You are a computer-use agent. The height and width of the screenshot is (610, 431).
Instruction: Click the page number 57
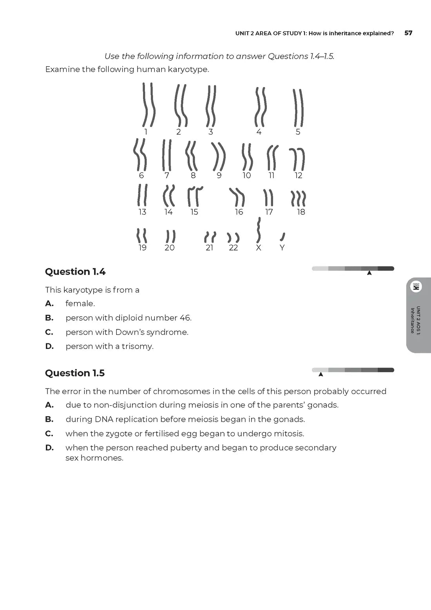(x=408, y=33)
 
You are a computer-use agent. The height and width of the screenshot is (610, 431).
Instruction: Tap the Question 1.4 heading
(x=75, y=272)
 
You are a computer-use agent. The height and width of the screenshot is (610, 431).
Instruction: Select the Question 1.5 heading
(x=75, y=373)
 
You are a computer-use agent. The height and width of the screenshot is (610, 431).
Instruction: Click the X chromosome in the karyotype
(x=258, y=230)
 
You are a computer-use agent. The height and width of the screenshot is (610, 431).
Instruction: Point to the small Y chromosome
(x=283, y=236)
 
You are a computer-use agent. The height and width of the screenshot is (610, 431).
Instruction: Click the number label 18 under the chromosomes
(x=301, y=212)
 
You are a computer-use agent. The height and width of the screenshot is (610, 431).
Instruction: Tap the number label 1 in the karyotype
(x=146, y=132)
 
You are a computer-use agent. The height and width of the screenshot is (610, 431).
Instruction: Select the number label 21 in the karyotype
(x=210, y=248)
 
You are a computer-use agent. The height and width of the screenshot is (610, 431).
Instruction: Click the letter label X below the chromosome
(x=258, y=248)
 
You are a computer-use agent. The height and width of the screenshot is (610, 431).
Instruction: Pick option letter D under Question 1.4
(x=49, y=346)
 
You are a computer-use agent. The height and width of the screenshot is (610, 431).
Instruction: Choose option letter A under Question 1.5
(x=49, y=405)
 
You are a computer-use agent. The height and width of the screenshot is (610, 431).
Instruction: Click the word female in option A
(x=80, y=303)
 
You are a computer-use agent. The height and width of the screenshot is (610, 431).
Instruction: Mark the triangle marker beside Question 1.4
(x=369, y=273)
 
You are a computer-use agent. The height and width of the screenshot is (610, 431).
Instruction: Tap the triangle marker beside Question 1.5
(x=321, y=374)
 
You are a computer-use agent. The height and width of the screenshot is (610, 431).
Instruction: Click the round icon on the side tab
(x=416, y=287)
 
